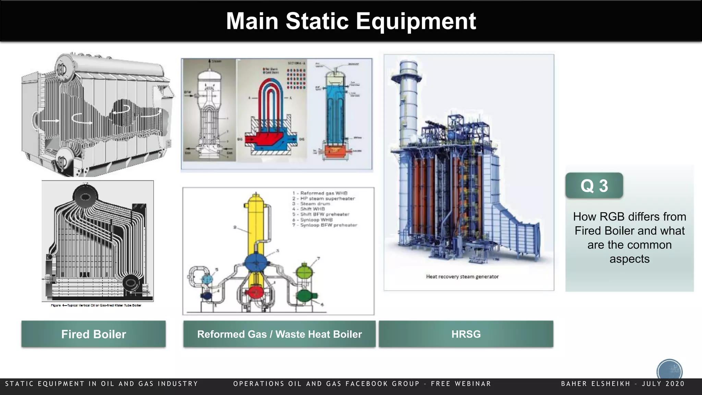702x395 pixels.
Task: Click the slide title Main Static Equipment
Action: point(351,21)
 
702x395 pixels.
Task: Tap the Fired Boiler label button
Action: point(93,334)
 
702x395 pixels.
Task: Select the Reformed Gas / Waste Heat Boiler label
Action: point(279,334)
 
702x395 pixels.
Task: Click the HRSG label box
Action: point(466,334)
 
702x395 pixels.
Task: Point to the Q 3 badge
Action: point(594,185)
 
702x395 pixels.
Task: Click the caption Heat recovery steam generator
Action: point(462,276)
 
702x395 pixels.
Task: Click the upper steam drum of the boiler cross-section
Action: point(85,196)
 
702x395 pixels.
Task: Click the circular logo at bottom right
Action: point(669,371)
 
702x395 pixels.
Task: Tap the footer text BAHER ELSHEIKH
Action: point(596,384)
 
